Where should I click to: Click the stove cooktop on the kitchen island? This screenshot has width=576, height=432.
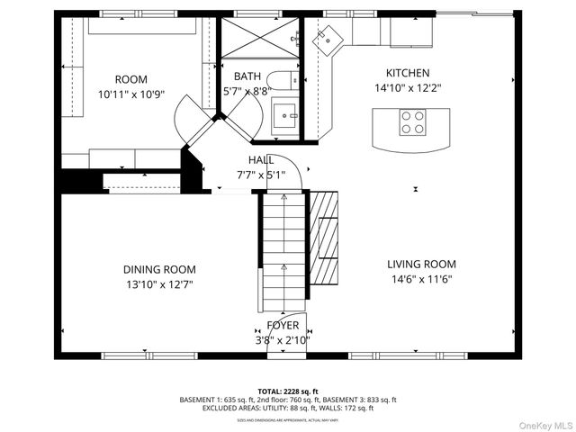pyautogui.click(x=412, y=121)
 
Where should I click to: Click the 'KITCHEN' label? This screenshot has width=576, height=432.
pyautogui.click(x=408, y=73)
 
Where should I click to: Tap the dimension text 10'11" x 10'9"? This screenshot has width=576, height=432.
pyautogui.click(x=131, y=94)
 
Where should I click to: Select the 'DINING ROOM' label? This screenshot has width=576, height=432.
pyautogui.click(x=159, y=269)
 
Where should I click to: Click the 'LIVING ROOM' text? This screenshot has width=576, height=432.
pyautogui.click(x=421, y=265)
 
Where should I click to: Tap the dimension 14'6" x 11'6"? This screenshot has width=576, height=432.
pyautogui.click(x=421, y=279)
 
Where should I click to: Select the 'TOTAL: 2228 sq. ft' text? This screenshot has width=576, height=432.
pyautogui.click(x=288, y=391)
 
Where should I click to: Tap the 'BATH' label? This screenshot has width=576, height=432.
pyautogui.click(x=247, y=76)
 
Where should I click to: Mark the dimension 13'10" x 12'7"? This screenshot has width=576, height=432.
pyautogui.click(x=159, y=283)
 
